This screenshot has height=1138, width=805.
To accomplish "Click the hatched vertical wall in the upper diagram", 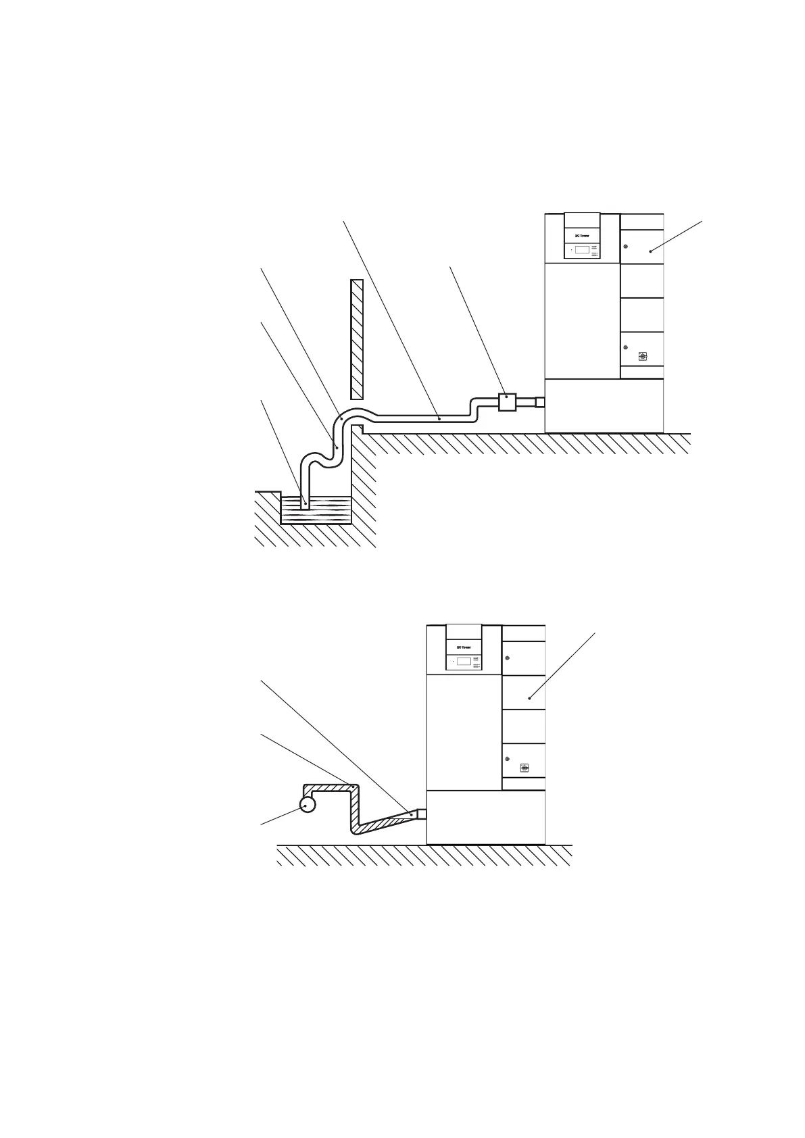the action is click(357, 339).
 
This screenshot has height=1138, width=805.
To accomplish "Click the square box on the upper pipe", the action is click(507, 402).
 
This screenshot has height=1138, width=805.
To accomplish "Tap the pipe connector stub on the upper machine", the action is click(539, 402).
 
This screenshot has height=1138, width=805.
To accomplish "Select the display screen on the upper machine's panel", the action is click(581, 250).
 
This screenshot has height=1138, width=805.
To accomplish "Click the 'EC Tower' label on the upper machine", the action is click(582, 236).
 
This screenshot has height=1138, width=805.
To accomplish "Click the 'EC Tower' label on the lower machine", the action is click(464, 647).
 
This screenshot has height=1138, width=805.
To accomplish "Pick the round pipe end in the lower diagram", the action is click(308, 804).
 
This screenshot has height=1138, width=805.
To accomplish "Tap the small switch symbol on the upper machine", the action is click(642, 356).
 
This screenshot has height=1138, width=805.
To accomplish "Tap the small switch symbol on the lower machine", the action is click(525, 768).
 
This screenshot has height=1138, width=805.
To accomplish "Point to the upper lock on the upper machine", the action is click(626, 246).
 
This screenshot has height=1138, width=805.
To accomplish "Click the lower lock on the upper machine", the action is click(626, 347).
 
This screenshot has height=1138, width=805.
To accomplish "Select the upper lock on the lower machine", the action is click(508, 658).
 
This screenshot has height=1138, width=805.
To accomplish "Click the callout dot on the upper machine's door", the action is click(651, 251).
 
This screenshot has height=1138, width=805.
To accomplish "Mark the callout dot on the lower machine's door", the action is click(530, 697).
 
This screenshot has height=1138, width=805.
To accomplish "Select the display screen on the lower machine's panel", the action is click(463, 661).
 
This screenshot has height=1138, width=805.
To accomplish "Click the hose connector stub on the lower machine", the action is click(422, 814).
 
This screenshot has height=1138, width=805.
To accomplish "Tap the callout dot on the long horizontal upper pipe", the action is click(439, 419).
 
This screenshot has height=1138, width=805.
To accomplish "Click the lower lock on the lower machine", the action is click(508, 759).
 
